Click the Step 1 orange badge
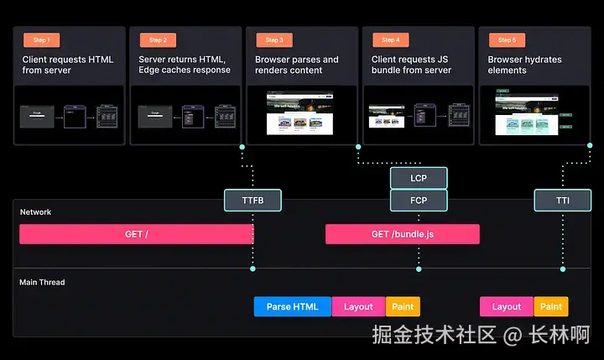coord(41,39)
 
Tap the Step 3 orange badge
coord(273,39)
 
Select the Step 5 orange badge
coord(506,39)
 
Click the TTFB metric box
coord(252,200)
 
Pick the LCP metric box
coord(419,178)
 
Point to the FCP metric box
coord(419,200)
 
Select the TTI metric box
coord(562,200)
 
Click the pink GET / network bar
coord(137,234)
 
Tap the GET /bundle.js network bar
coord(403,234)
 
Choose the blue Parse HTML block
coord(293,306)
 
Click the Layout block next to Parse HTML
coord(358,306)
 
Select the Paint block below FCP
coord(403,306)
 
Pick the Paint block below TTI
coord(551,306)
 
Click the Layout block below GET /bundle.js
coord(507,306)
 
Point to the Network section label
coord(35,212)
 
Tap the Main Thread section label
coord(42,282)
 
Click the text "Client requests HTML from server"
coord(67,65)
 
